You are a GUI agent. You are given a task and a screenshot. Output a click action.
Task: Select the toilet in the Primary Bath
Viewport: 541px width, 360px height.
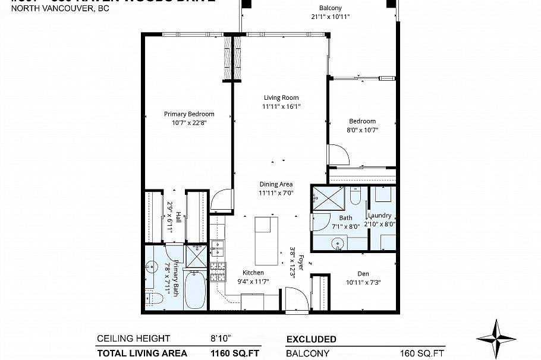[x=149, y=295]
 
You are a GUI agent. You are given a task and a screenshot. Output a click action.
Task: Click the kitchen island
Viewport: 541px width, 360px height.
[x=266, y=241]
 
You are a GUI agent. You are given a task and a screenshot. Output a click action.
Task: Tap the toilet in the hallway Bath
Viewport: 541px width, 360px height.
[x=356, y=195]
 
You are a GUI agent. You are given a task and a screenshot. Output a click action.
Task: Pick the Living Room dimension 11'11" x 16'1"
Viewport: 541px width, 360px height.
[x=282, y=107]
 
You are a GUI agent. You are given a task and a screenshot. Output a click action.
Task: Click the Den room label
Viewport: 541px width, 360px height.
[x=363, y=273]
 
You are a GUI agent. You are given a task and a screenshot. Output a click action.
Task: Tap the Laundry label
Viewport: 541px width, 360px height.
[x=381, y=216]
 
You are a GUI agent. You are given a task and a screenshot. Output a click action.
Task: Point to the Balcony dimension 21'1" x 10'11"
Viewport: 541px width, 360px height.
[x=330, y=17]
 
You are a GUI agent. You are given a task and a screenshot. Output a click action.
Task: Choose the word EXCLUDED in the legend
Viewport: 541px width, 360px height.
[x=311, y=339]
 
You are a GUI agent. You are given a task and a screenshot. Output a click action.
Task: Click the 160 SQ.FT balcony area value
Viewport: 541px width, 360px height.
[x=423, y=353]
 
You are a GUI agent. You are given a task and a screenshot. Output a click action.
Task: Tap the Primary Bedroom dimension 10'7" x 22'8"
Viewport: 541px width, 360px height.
[x=189, y=123]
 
